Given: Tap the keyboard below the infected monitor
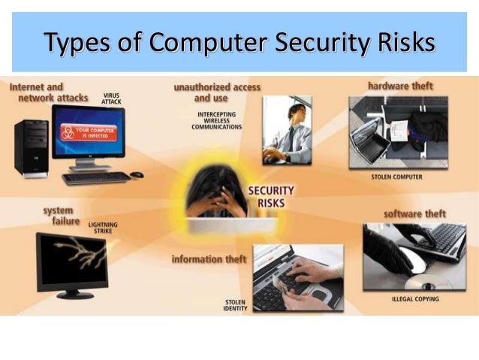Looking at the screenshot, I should point(96,178).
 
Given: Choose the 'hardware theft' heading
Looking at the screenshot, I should point(400,86).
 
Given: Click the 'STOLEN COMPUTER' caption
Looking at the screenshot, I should point(396,178).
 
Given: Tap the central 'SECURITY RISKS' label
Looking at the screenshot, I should point(270,196).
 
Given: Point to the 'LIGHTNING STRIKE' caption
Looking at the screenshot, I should point(103,228).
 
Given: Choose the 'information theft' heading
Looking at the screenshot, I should point(209,259).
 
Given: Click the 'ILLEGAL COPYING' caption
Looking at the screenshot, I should point(415,299).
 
